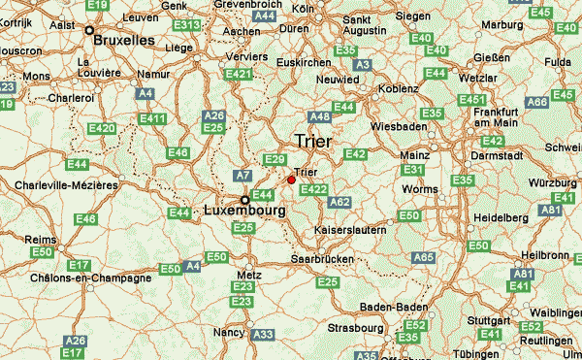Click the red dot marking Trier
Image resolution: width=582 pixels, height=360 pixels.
tap(291, 179)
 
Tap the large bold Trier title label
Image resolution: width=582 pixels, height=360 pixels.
tap(311, 142)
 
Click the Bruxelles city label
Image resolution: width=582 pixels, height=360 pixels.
tap(124, 41)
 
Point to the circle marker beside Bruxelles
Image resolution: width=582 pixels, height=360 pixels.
tap(89, 31)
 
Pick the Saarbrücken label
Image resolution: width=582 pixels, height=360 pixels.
tap(322, 260)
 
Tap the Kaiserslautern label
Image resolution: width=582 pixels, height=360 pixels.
tap(350, 230)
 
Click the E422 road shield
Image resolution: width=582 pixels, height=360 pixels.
tap(313, 189)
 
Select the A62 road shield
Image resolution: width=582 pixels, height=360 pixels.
tap(339, 202)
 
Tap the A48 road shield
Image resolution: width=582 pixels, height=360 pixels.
tap(320, 117)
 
